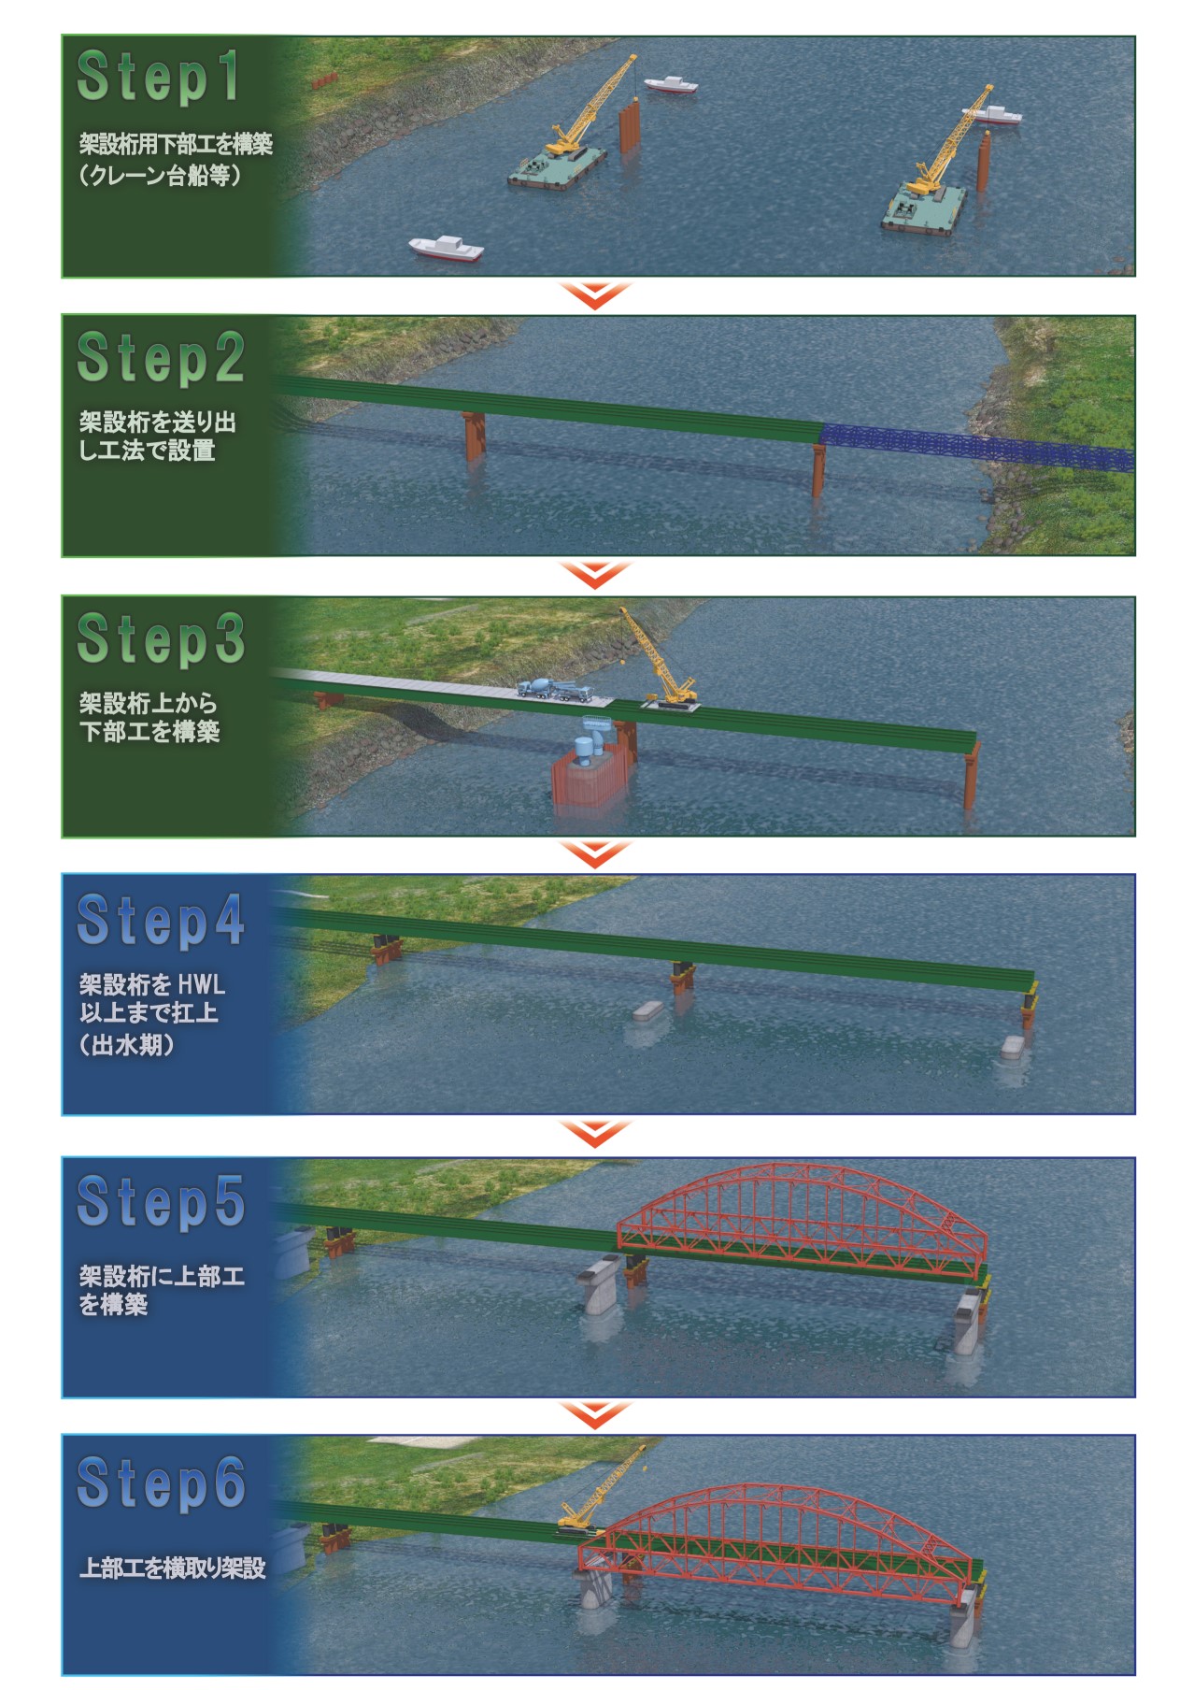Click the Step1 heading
(158, 77)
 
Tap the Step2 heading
(161, 357)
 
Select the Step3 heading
(161, 638)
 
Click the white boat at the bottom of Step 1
(447, 249)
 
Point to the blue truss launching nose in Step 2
(977, 448)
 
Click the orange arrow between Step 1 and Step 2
(596, 295)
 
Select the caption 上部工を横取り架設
(173, 1568)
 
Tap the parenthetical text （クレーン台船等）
(162, 175)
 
